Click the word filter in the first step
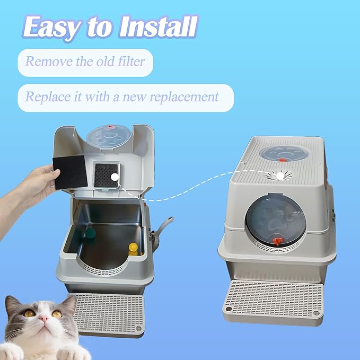[127, 62]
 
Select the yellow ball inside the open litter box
[133, 248]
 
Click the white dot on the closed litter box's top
[277, 175]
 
